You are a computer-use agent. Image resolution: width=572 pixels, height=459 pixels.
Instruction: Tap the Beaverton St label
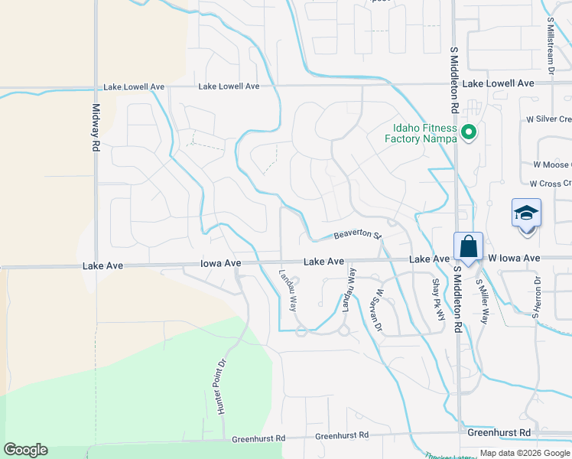(x=356, y=234)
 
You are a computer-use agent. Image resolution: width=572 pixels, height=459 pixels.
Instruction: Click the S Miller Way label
(x=482, y=301)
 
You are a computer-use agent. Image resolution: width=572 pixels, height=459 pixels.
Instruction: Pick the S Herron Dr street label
(x=538, y=298)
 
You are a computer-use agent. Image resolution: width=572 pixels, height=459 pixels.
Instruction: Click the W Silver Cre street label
(x=544, y=120)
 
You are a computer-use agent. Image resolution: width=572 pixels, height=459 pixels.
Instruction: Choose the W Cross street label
(x=551, y=184)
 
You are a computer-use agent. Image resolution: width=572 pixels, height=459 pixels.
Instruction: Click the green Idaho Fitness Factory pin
(x=470, y=133)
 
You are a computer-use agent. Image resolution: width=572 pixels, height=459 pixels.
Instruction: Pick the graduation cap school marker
(x=526, y=212)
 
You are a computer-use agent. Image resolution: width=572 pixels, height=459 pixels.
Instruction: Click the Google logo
(x=25, y=450)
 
